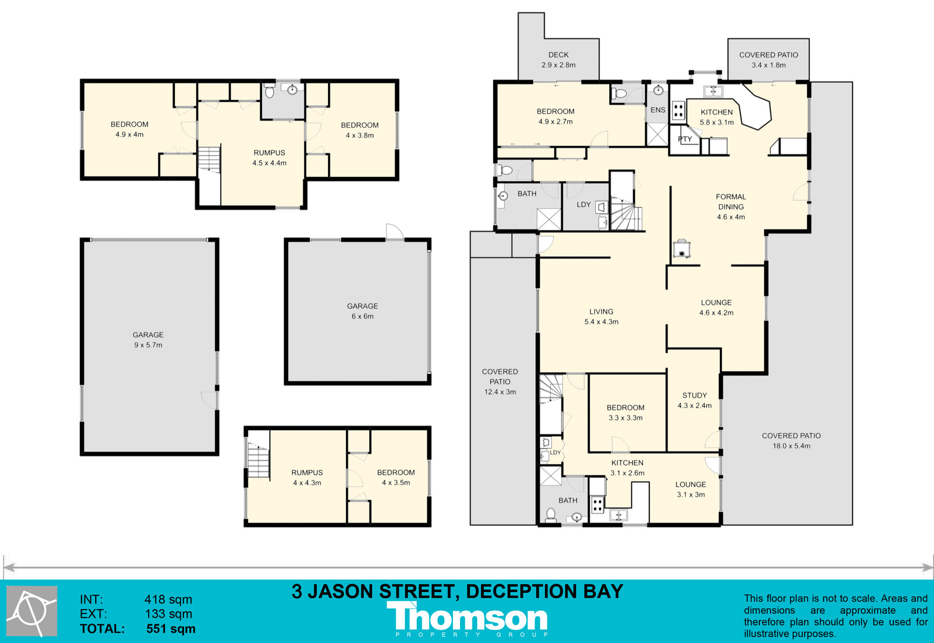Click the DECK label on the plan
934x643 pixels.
559,55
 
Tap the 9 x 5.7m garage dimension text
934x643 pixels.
148,345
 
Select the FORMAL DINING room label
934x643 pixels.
731,202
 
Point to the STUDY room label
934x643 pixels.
694,396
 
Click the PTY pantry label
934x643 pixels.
685,139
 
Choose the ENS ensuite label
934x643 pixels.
658,110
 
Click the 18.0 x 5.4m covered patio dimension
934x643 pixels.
792,446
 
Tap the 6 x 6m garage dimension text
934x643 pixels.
362,317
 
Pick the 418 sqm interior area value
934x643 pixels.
168,600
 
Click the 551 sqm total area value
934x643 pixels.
171,629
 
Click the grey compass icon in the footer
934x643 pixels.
32,611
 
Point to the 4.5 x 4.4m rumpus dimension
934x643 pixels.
269,163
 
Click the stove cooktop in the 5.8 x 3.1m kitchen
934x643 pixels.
678,110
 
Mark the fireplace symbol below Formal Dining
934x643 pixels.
682,248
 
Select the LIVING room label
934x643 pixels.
601,312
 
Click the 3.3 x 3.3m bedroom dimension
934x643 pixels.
625,418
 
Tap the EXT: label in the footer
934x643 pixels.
93,614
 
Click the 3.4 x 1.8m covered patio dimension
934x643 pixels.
769,65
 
